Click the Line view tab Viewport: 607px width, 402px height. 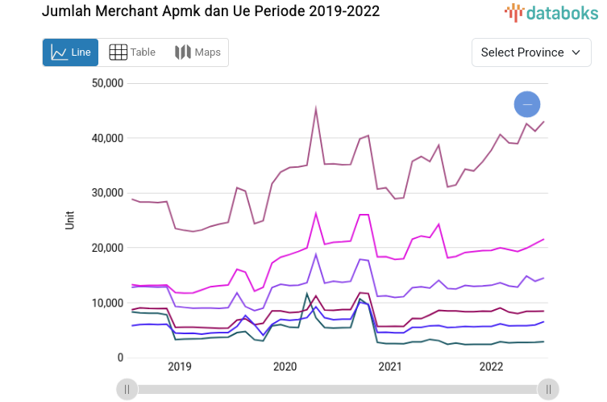(x=70, y=52)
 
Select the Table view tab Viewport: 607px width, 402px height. (x=133, y=52)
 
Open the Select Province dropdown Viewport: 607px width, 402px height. (x=530, y=52)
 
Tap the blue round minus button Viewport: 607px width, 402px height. (x=527, y=104)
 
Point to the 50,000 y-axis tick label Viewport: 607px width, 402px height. (x=107, y=83)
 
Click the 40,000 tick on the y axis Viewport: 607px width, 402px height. (x=107, y=138)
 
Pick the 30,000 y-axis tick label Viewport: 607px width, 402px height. (x=107, y=193)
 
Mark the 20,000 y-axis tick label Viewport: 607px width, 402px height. (x=107, y=248)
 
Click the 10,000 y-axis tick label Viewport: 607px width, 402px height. (x=107, y=303)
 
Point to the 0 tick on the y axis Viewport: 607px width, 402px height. (x=119, y=358)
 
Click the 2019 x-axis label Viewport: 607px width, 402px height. (x=180, y=366)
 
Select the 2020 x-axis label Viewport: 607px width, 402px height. (x=285, y=366)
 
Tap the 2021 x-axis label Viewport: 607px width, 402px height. (x=389, y=366)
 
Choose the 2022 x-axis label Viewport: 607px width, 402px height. (x=492, y=366)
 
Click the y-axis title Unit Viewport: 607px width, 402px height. (x=70, y=220)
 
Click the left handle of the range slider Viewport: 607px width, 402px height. (x=127, y=389)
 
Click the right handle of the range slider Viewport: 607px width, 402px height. (x=548, y=389)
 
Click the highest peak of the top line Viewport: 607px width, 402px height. (x=316, y=108)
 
